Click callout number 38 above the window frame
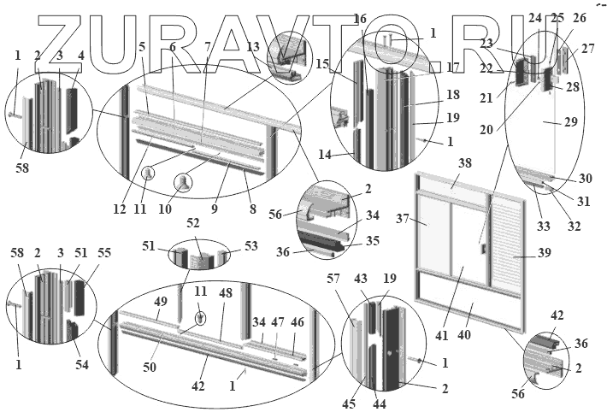pyautogui.click(x=464, y=162)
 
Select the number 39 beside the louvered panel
pyautogui.click(x=544, y=253)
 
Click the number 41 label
pyautogui.click(x=441, y=335)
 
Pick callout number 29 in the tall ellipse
pyautogui.click(x=571, y=122)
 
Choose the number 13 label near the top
pyautogui.click(x=252, y=47)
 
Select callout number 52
pyautogui.click(x=193, y=223)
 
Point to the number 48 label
pyautogui.click(x=226, y=291)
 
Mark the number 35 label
pyautogui.click(x=373, y=241)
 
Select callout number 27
pyautogui.click(x=587, y=49)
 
